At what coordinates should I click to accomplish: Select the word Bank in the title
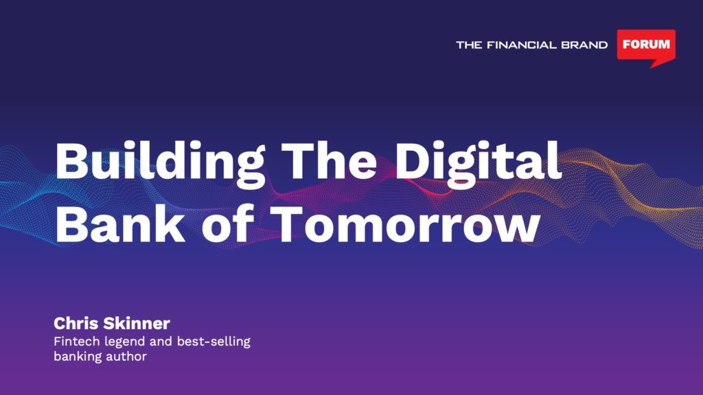point(119,223)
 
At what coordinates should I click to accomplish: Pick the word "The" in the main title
point(330,160)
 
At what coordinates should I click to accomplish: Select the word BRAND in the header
point(584,45)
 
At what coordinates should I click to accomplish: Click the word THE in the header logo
point(469,45)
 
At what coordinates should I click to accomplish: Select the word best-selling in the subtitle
point(214,342)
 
